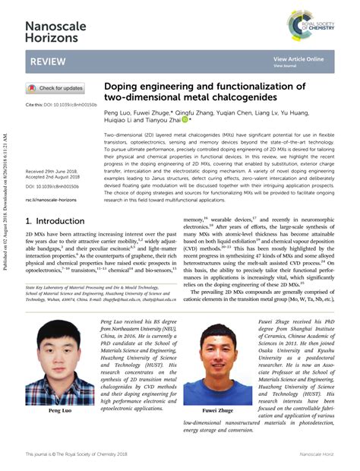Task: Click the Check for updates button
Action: pyautogui.click(x=56, y=88)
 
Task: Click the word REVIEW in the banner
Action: pyautogui.click(x=48, y=61)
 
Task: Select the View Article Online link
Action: pyautogui.click(x=298, y=58)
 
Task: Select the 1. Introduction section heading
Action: pyautogui.click(x=60, y=221)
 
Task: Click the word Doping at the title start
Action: pyautogui.click(x=120, y=87)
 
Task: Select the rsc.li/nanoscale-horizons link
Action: pyautogui.click(x=51, y=199)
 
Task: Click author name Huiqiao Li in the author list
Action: pyautogui.click(x=118, y=120)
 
